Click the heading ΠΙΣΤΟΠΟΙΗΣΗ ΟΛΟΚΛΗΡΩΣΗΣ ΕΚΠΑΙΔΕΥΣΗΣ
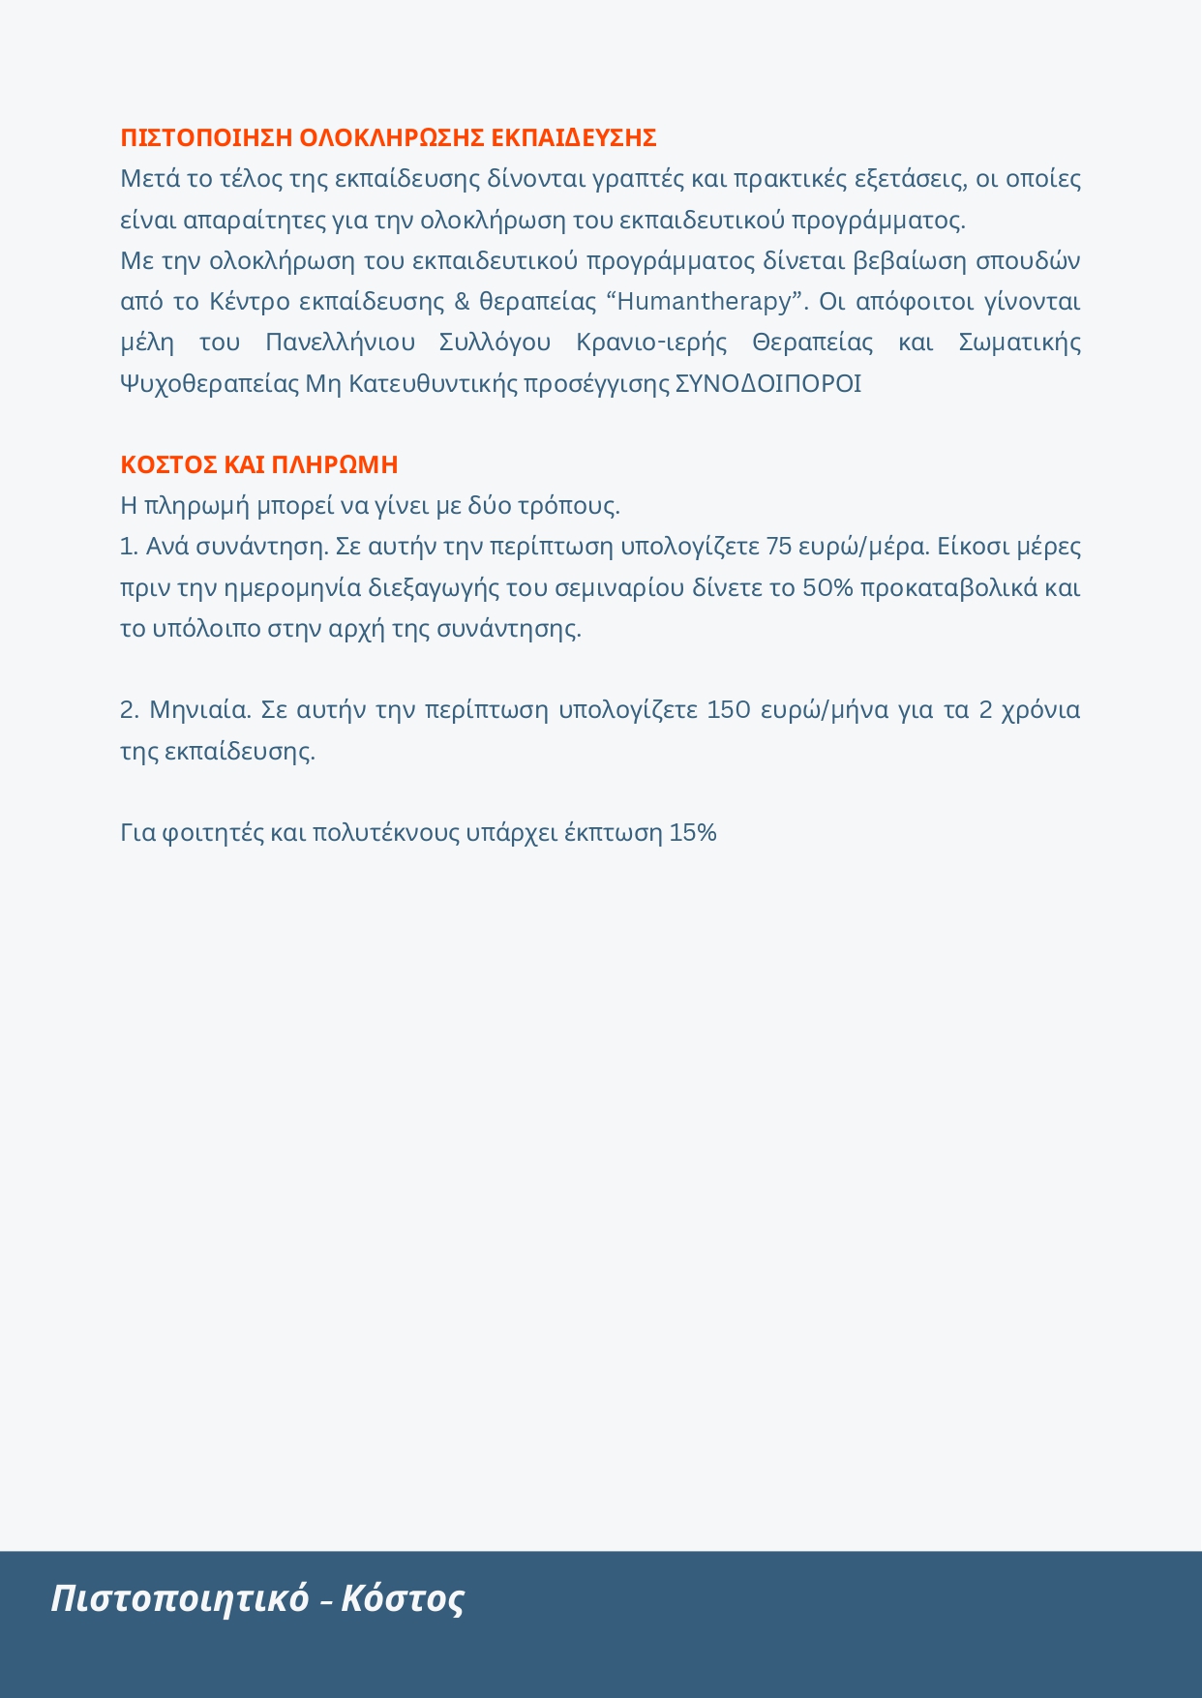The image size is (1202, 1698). click(x=388, y=138)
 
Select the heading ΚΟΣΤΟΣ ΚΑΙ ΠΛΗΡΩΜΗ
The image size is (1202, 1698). click(x=258, y=465)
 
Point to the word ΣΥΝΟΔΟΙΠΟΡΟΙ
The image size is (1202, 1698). click(x=767, y=384)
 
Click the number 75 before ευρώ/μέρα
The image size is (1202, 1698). click(x=779, y=547)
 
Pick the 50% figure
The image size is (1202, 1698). click(x=827, y=588)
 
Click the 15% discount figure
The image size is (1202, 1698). click(x=692, y=833)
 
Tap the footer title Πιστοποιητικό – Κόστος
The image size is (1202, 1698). click(x=257, y=1598)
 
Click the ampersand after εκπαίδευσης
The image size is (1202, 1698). click(x=462, y=302)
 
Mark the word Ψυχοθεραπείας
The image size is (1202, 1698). click(x=209, y=384)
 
